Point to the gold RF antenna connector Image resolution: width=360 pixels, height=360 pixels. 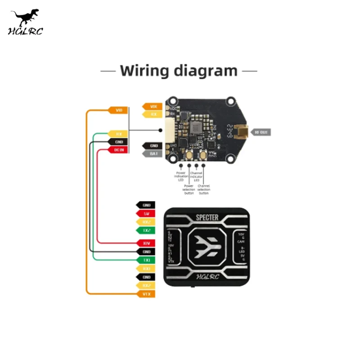pos(243,132)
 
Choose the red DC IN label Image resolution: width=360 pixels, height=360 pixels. pos(118,149)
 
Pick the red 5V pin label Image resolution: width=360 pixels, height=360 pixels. pos(146,213)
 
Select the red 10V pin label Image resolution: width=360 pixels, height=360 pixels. pos(146,243)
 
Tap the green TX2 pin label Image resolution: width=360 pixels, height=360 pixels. pos(146,230)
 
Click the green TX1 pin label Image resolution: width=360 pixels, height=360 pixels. pos(146,260)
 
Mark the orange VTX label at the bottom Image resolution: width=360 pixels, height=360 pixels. pos(146,294)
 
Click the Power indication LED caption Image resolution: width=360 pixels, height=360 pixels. pos(181,176)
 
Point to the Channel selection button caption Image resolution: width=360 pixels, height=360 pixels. pos(204,189)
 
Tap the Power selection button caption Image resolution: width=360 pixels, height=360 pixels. pos(189,189)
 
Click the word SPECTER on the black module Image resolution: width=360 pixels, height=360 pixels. pos(207,218)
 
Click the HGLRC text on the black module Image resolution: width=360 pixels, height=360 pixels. pos(207,276)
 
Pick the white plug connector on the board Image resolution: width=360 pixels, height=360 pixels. pos(170,131)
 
